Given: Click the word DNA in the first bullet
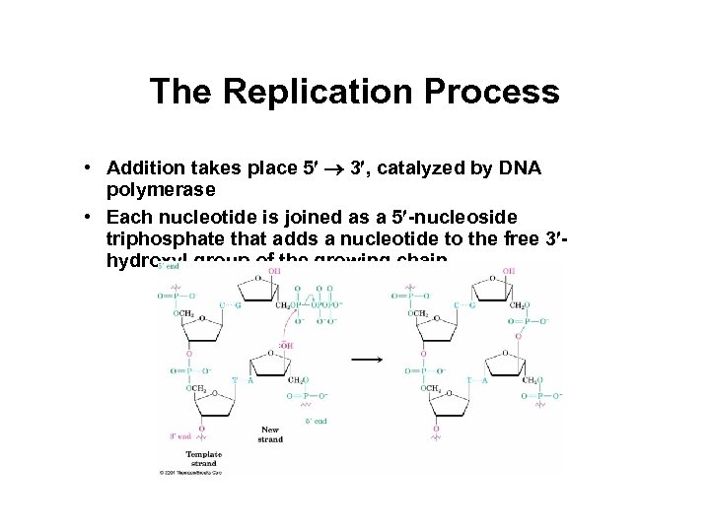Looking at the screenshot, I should click(520, 168).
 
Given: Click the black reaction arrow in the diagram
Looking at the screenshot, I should click(368, 360).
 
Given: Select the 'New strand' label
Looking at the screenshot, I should click(270, 434).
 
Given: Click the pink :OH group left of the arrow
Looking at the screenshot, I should click(287, 345).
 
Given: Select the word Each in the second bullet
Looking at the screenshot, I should click(127, 218).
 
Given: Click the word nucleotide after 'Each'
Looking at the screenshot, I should click(200, 218).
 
